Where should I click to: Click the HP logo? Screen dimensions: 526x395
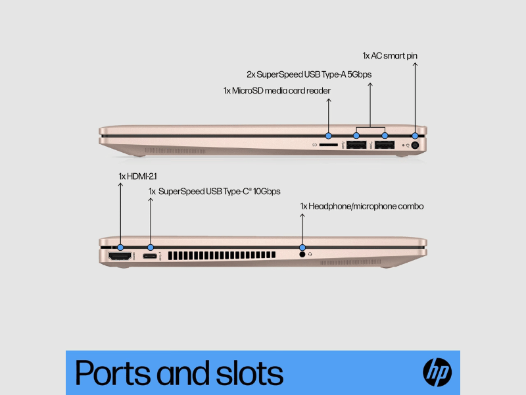pos(437,372)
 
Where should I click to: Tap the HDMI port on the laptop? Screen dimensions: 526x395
pos(120,256)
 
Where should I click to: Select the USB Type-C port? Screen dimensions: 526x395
pos(150,256)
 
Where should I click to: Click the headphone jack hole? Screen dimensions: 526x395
pos(302,254)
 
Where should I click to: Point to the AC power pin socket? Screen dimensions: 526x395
pos(415,145)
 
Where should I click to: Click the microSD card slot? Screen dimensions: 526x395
pos(328,145)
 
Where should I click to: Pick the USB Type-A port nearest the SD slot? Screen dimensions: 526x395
pos(356,145)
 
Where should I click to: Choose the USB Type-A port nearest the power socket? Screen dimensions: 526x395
pos(385,145)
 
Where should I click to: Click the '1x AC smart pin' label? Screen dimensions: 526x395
pos(390,56)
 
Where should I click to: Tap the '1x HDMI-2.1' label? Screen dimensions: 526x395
pos(137,176)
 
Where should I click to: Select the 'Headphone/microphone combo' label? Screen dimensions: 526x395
pos(366,206)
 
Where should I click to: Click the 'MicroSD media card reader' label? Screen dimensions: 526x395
pos(281,91)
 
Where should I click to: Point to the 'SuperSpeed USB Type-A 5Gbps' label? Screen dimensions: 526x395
pos(314,74)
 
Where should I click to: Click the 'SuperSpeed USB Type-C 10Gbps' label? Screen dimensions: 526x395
pos(220,192)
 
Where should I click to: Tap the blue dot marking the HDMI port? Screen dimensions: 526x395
pos(120,248)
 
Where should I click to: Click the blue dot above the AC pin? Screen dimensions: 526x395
pos(415,136)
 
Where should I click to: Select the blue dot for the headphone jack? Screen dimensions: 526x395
pos(302,248)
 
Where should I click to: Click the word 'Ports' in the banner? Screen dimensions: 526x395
pos(113,373)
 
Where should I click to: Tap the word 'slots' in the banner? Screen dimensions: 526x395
pos(249,373)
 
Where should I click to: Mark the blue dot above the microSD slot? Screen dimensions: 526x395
pos(328,136)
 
